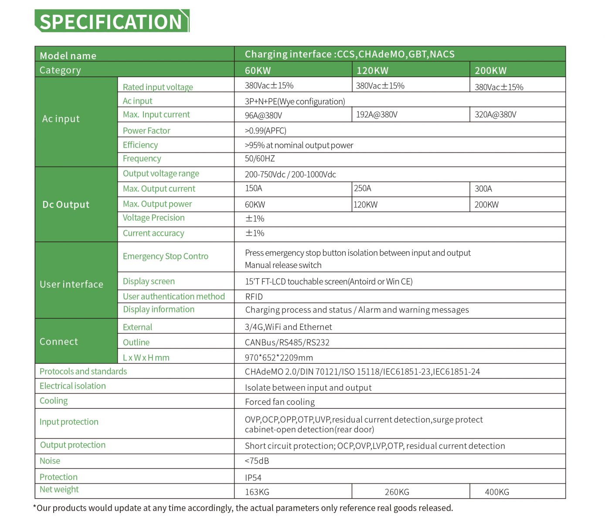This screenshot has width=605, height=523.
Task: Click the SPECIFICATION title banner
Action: pyautogui.click(x=112, y=21)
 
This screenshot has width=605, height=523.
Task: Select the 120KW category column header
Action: pyautogui.click(x=372, y=71)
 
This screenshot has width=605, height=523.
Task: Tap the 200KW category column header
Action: pyautogui.click(x=490, y=71)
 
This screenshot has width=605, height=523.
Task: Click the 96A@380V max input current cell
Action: pyautogui.click(x=263, y=115)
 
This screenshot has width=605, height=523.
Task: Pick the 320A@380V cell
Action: pyautogui.click(x=495, y=115)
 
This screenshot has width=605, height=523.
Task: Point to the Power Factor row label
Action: pyautogui.click(x=146, y=131)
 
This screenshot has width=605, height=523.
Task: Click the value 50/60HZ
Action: pyautogui.click(x=260, y=159)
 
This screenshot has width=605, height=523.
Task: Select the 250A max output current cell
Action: pyautogui.click(x=363, y=188)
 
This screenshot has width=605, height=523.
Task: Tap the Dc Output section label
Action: pyautogui.click(x=66, y=204)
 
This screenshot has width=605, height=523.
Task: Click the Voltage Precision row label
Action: pyautogui.click(x=153, y=218)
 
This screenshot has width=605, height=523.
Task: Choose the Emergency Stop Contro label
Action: pyautogui.click(x=165, y=256)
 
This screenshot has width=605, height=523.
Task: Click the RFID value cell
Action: pyautogui.click(x=254, y=297)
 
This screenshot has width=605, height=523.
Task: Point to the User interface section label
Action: pyautogui.click(x=71, y=284)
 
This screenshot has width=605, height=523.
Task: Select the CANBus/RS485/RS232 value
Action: pyautogui.click(x=287, y=343)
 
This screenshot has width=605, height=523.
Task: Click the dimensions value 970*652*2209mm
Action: pyautogui.click(x=279, y=358)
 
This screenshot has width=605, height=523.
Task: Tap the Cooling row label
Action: pyautogui.click(x=54, y=401)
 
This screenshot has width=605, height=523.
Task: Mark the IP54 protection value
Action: pyautogui.click(x=253, y=478)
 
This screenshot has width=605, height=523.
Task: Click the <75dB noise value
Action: pyautogui.click(x=257, y=461)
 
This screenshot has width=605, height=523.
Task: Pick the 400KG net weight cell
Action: pyautogui.click(x=497, y=492)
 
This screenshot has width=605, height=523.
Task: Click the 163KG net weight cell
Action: pyautogui.click(x=257, y=492)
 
